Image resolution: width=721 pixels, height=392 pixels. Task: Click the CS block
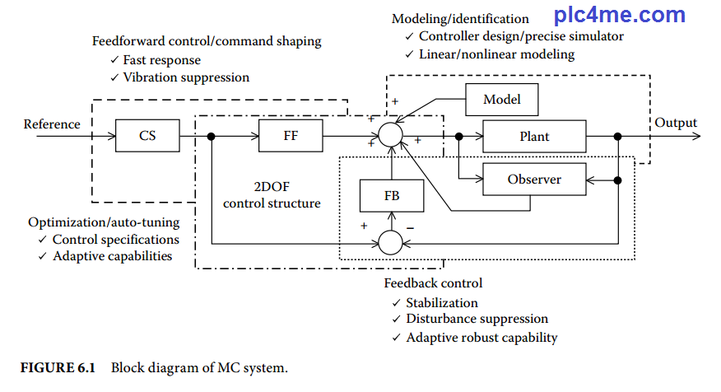pyautogui.click(x=147, y=136)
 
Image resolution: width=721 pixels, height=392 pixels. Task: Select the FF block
pyautogui.click(x=291, y=136)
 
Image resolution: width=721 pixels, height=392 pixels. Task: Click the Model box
pyautogui.click(x=501, y=100)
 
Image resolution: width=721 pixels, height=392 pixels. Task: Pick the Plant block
pyautogui.click(x=534, y=136)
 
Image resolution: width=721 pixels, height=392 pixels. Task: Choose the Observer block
pyautogui.click(x=534, y=179)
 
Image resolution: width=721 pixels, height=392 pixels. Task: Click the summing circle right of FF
pyautogui.click(x=391, y=134)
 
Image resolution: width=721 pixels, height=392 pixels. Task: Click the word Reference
pyautogui.click(x=52, y=124)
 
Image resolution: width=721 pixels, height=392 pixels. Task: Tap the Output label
pyautogui.click(x=676, y=123)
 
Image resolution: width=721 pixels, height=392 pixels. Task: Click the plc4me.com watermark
pyautogui.click(x=619, y=15)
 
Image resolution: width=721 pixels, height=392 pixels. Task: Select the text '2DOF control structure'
pyautogui.click(x=272, y=195)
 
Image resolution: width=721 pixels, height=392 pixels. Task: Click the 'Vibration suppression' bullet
pyautogui.click(x=185, y=77)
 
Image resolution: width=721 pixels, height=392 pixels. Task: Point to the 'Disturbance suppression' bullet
pyautogui.click(x=477, y=319)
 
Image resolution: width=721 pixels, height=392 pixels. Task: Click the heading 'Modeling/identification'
pyautogui.click(x=460, y=19)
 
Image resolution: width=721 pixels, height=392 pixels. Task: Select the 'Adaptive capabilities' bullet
pyautogui.click(x=112, y=255)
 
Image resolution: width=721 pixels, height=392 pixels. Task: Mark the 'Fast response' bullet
pyautogui.click(x=161, y=60)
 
